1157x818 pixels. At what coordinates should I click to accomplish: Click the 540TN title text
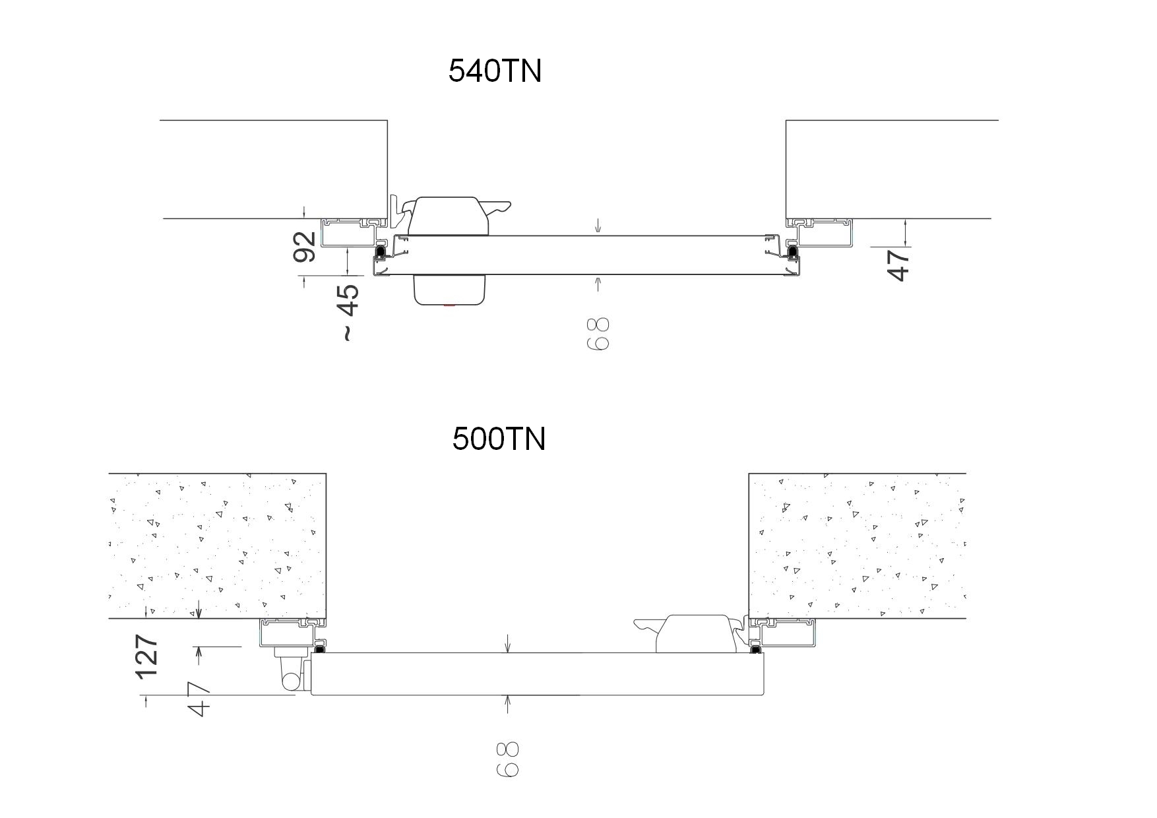[495, 71]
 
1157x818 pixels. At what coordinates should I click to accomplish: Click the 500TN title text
[499, 439]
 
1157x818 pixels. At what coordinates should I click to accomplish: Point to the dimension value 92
[305, 247]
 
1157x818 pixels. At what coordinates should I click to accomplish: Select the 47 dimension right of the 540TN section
[898, 264]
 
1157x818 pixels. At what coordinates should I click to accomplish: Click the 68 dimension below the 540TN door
[598, 334]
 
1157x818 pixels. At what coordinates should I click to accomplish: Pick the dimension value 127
[146, 656]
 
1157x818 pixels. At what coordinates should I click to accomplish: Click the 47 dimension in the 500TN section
[199, 699]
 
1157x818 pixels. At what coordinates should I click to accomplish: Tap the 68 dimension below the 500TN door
[507, 759]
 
